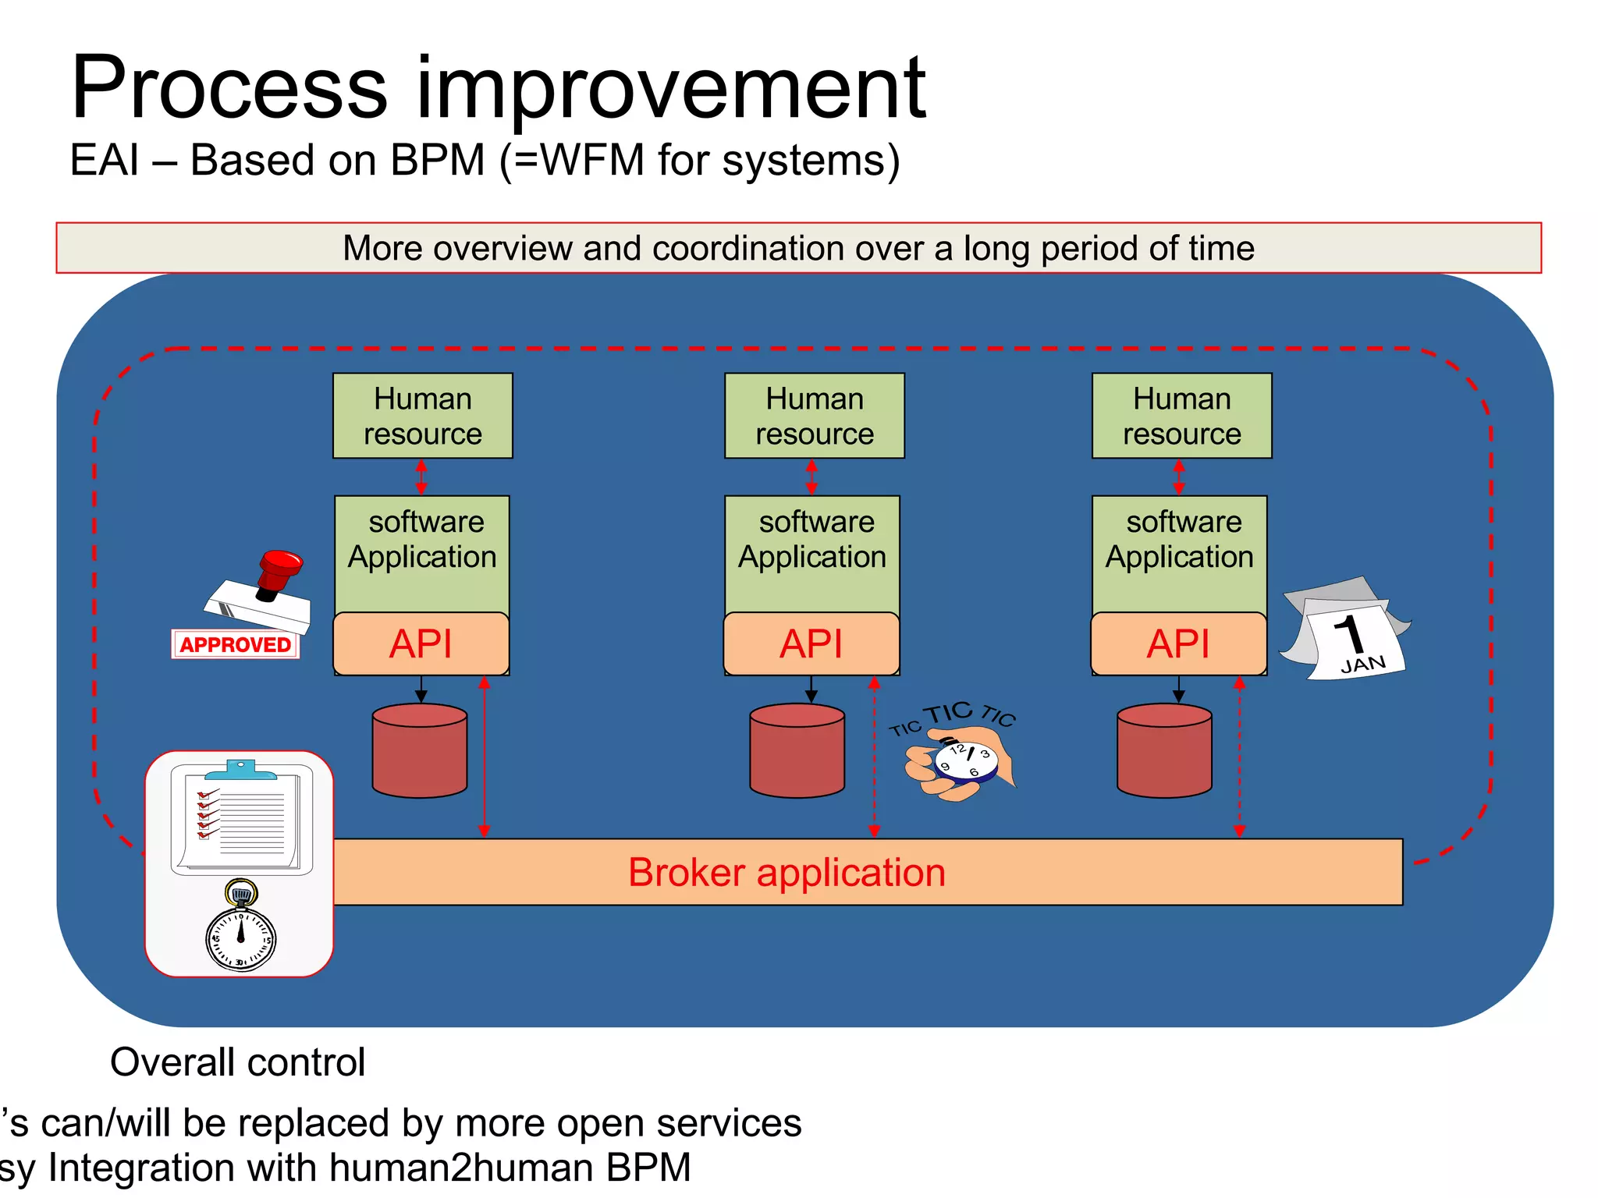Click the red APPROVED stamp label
pos(235,644)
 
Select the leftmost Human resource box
pos(422,416)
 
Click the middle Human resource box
pos(814,416)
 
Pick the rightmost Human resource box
pos(1181,416)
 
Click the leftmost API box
pos(421,643)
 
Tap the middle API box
pos(811,643)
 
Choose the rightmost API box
pos(1178,643)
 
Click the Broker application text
pos(787,872)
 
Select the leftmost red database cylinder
pos(420,750)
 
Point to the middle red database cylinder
pos(797,750)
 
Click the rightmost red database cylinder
pos(1164,750)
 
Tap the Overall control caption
pos(237,1062)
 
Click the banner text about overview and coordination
pos(798,248)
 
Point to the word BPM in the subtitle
pos(437,160)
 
